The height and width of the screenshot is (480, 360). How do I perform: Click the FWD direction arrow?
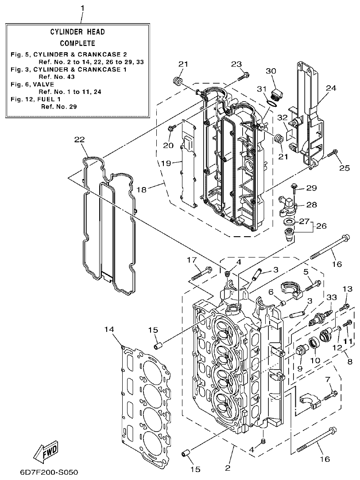click(x=46, y=451)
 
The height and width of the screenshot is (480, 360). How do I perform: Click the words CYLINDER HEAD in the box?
click(x=77, y=32)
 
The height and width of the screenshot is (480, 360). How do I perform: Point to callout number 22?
click(x=79, y=140)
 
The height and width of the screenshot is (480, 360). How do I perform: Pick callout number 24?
click(x=331, y=88)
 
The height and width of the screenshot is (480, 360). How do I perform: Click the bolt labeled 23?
click(x=242, y=77)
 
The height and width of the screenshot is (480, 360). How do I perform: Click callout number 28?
click(x=312, y=204)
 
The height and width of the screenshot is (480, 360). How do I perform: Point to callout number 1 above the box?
click(x=81, y=8)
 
